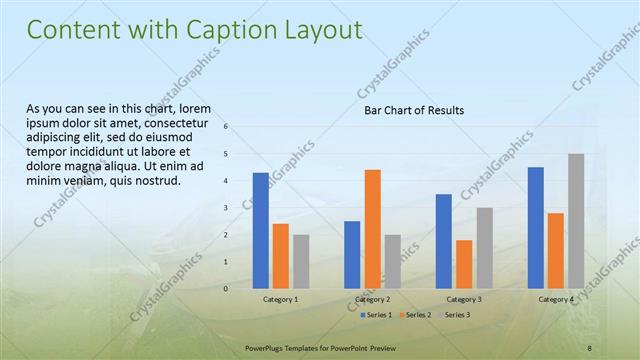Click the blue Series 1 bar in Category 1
pos(260,230)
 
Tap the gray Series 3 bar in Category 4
pos(576,221)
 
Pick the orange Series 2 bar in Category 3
pos(464,264)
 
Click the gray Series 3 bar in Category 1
pos(301,261)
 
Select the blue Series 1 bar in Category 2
pos(352,255)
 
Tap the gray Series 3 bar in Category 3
pos(484,248)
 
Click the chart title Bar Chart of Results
pos(413,110)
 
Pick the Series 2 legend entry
pos(415,315)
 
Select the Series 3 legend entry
pos(455,315)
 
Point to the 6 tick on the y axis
pos(226,127)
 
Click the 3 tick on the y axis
pos(226,208)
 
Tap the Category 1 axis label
pos(281,299)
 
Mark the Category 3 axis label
pos(464,299)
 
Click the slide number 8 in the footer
pos(590,346)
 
